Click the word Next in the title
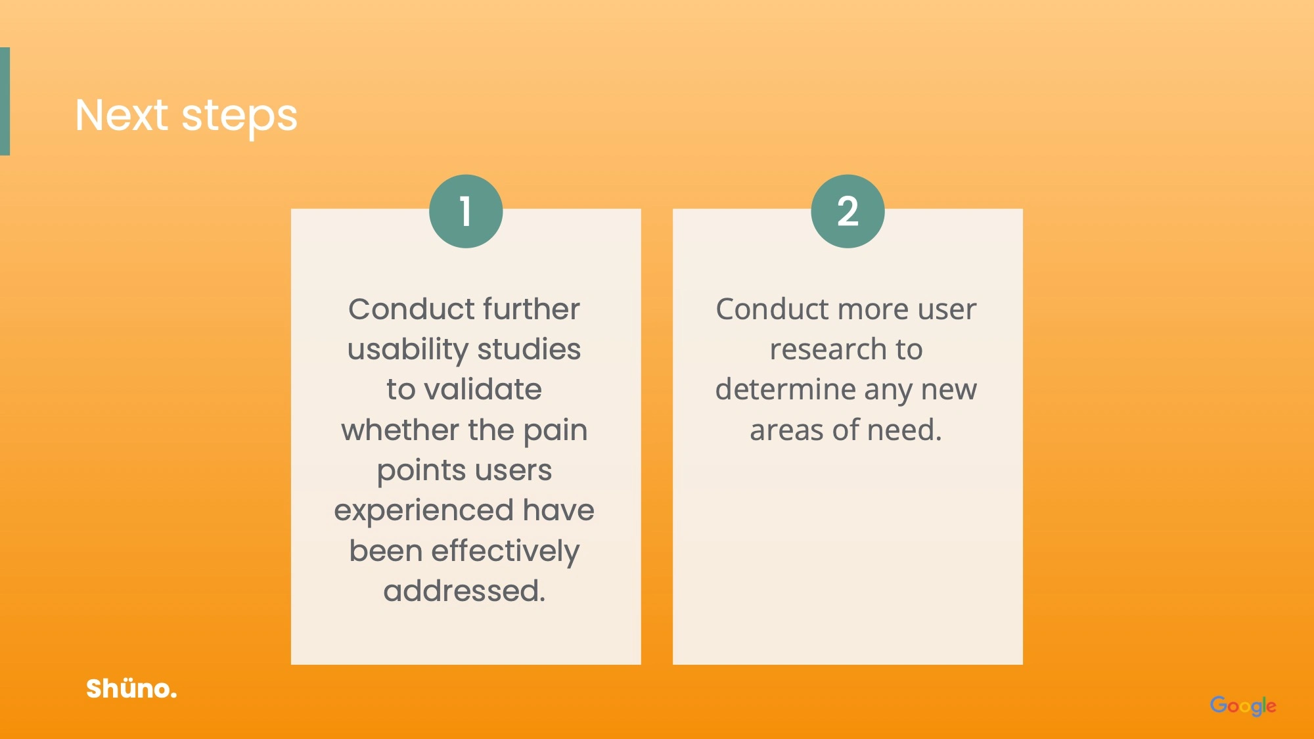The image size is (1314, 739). pyautogui.click(x=122, y=115)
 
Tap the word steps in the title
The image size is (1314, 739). pyautogui.click(x=239, y=118)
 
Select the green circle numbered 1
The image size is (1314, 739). pyautogui.click(x=466, y=211)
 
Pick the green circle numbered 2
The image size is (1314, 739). pyautogui.click(x=848, y=211)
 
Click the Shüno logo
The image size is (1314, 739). pyautogui.click(x=131, y=688)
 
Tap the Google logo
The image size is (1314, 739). pyautogui.click(x=1243, y=705)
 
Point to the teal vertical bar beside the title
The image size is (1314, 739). pyautogui.click(x=5, y=101)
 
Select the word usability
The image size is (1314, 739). pyautogui.click(x=407, y=350)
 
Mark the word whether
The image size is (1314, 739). pyautogui.click(x=400, y=430)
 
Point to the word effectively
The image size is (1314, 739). pyautogui.click(x=505, y=552)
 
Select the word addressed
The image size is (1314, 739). pyautogui.click(x=464, y=591)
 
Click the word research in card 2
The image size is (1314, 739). pyautogui.click(x=828, y=349)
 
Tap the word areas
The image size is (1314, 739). pyautogui.click(x=786, y=431)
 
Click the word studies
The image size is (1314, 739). pyautogui.click(x=529, y=349)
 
